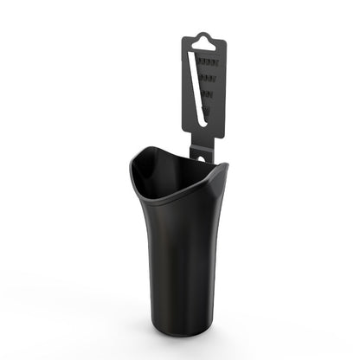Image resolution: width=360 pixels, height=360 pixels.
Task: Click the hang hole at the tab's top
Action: pyautogui.click(x=202, y=40)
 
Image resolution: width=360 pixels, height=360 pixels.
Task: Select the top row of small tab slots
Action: pyautogui.click(x=208, y=65)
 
